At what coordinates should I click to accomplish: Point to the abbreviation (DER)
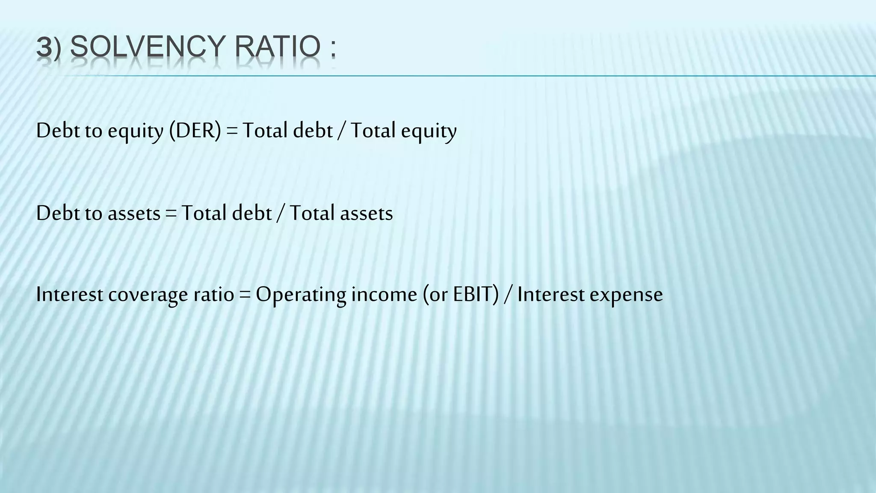point(195,131)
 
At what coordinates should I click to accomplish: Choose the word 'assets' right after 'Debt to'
point(134,213)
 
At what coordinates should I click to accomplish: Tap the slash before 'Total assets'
point(281,213)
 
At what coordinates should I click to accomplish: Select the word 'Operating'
point(301,295)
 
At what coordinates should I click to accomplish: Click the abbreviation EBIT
point(473,294)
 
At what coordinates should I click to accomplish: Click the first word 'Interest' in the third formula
point(70,294)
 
